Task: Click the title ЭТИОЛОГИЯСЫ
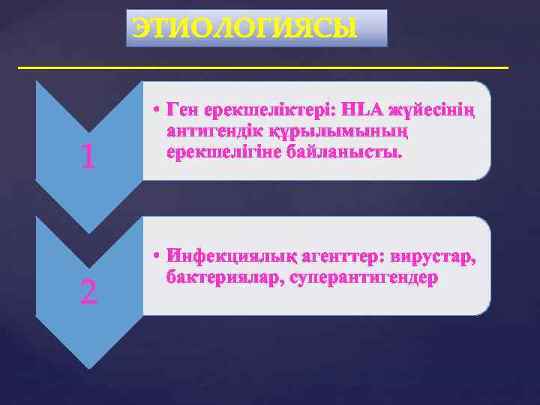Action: point(256,28)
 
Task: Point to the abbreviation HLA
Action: point(364,111)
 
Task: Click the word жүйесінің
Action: point(434,111)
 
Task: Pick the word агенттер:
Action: point(340,257)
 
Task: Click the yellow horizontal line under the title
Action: point(262,67)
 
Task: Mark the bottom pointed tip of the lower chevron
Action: point(89,367)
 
